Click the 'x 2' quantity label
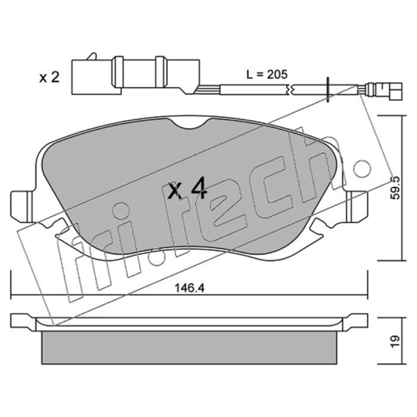pos(49,77)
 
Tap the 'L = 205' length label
pos(267,74)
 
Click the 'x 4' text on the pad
pos(188,189)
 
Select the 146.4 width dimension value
pos(189,288)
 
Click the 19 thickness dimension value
pos(395,341)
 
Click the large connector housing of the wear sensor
pos(136,75)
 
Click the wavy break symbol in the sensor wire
pos(290,89)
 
